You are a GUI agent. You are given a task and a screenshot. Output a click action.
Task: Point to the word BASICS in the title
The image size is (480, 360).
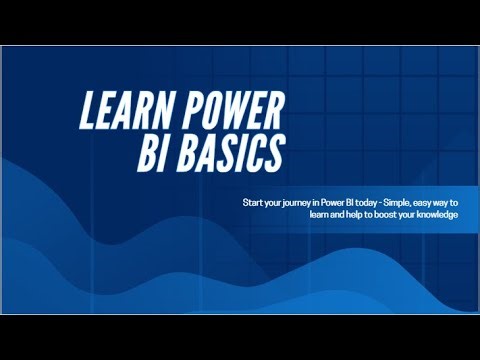[x=236, y=155]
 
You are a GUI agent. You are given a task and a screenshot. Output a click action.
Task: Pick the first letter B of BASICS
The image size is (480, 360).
[x=192, y=156]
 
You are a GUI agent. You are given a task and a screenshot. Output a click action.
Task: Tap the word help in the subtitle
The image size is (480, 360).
[x=344, y=215]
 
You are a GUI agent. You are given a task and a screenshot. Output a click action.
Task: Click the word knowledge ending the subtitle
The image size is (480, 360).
[x=444, y=215]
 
